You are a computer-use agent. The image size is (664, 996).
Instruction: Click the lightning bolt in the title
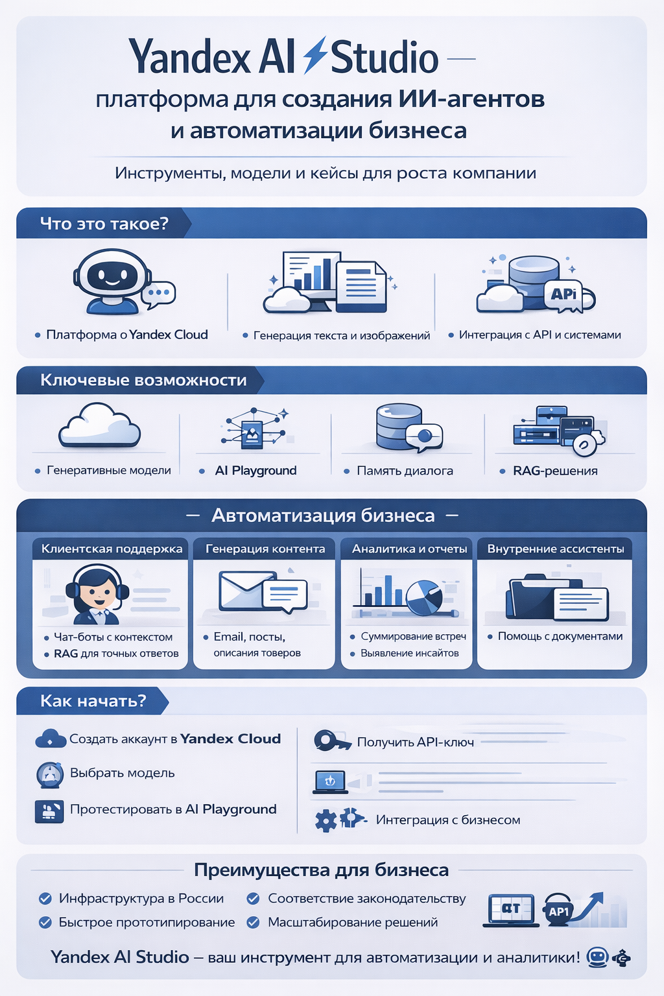click(315, 55)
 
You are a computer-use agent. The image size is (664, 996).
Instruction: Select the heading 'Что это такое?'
click(104, 224)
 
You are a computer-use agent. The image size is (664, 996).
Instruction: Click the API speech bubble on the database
click(564, 294)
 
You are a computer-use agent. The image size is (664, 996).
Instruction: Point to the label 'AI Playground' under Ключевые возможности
click(255, 471)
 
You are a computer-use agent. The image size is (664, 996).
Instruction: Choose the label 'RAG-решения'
click(555, 471)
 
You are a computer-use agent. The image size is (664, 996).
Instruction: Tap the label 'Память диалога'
click(405, 471)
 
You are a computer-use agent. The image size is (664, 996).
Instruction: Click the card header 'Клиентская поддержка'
click(112, 549)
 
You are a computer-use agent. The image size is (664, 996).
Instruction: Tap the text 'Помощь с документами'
click(560, 637)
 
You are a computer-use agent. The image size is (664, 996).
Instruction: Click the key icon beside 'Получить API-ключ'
click(331, 741)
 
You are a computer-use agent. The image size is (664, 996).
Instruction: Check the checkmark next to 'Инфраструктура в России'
click(45, 899)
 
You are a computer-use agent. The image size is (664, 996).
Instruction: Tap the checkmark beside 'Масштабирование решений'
click(254, 922)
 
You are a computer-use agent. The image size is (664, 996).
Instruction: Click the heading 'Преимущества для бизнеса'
click(321, 870)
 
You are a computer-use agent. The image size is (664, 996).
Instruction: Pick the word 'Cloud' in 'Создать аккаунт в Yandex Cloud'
click(259, 739)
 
